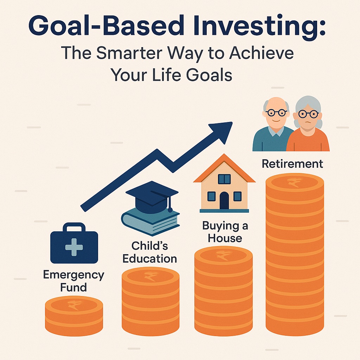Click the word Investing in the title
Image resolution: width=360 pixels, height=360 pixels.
coord(256,26)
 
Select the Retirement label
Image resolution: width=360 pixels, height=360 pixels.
coord(292,164)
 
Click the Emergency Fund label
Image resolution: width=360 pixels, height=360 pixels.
coord(74,281)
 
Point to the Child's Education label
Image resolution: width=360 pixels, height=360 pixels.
coord(150,252)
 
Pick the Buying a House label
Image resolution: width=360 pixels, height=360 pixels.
coord(225,232)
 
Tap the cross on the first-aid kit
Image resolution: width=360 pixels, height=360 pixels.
coord(74,247)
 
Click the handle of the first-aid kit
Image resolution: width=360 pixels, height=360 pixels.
coord(74,227)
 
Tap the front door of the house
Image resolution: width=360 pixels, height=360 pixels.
coord(224,200)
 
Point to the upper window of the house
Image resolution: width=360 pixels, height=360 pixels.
coord(224,179)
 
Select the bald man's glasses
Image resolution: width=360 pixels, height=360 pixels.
coord(276,112)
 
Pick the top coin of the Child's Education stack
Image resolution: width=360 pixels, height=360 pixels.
coord(150,277)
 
